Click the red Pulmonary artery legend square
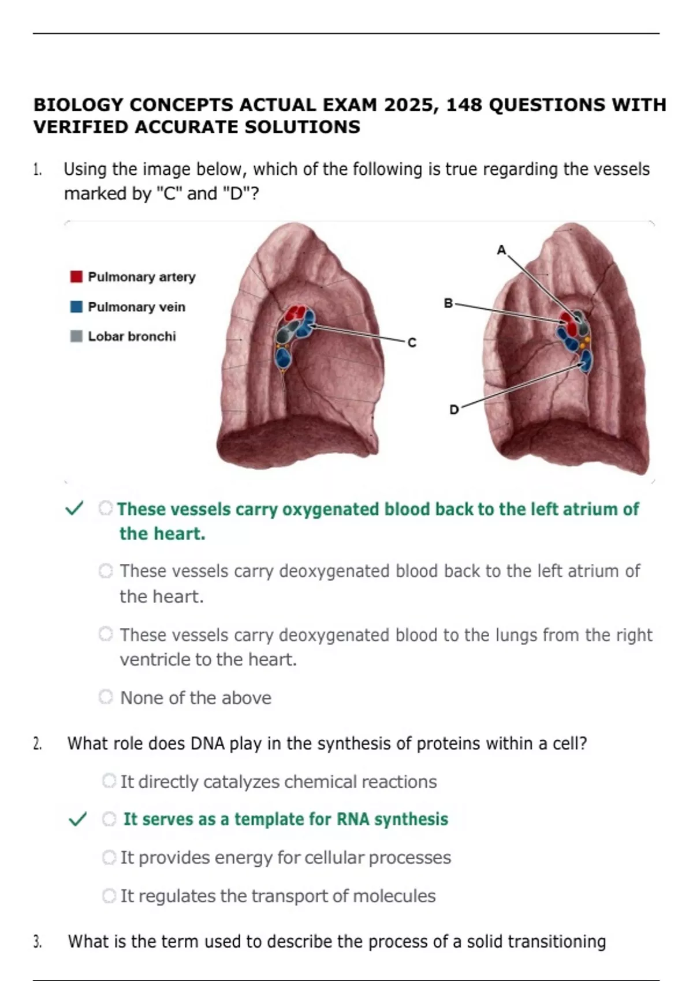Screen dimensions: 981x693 76,277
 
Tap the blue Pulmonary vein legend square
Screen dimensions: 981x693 76,306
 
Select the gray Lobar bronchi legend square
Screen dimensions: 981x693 76,336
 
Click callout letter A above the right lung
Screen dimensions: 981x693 501,250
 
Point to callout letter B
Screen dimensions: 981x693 448,303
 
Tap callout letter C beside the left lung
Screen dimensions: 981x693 412,343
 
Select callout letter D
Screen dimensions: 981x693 454,410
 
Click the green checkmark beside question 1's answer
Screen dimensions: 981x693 74,508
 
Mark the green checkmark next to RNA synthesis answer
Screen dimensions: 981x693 77,819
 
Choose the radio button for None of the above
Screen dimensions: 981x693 106,697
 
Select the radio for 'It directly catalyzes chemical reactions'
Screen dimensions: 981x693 109,781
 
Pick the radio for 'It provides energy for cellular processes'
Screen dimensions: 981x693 109,858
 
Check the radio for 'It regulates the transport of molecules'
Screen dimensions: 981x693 109,896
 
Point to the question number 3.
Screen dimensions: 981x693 38,942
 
